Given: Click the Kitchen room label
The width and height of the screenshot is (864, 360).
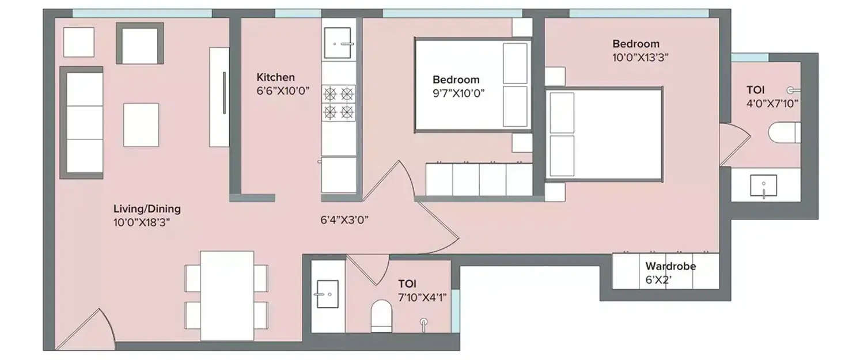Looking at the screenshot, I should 275,77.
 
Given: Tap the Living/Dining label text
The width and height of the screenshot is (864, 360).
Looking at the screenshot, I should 147,209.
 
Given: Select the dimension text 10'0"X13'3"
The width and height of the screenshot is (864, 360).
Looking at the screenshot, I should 640,57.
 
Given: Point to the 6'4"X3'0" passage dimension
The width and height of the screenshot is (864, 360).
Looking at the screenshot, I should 344,219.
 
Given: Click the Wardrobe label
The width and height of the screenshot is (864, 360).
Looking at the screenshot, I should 670,267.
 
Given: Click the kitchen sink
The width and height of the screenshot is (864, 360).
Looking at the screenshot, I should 338,43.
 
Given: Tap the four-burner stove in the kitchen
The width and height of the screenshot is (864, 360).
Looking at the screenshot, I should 338,102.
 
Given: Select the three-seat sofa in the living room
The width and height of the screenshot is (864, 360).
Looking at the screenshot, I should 82,123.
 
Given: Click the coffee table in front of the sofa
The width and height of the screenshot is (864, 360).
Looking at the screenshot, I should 141,125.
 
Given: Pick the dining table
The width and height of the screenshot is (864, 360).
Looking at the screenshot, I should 227,295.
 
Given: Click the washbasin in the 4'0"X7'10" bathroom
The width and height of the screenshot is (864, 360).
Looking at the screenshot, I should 763,186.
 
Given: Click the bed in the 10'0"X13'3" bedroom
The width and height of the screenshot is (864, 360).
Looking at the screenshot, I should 605,134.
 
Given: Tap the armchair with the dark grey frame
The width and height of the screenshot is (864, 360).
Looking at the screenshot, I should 140,43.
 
